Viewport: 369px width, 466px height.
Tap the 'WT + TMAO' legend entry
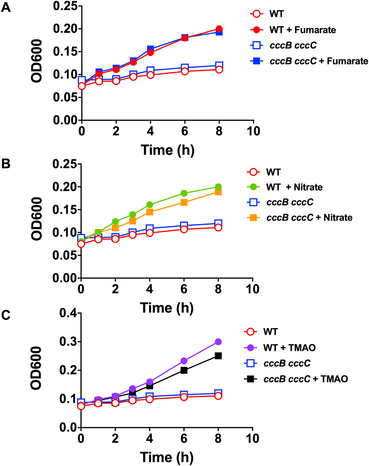coord(289,348)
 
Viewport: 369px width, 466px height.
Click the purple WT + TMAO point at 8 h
coord(218,342)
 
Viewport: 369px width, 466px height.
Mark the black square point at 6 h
coord(184,370)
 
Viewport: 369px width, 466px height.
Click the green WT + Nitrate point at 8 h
coord(218,187)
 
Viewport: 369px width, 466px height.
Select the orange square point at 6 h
coord(184,202)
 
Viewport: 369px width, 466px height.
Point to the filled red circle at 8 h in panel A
coord(219,29)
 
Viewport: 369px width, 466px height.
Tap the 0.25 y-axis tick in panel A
coord(65,6)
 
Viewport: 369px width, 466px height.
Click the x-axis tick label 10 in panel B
coord(252,289)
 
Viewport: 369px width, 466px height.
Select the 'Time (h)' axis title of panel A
coord(167,150)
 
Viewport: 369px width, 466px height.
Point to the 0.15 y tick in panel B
coord(65,210)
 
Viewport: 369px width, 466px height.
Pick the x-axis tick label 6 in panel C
coord(184,439)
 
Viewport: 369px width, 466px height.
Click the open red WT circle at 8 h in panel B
coord(218,228)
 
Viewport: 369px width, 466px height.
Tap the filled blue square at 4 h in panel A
coord(151,48)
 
